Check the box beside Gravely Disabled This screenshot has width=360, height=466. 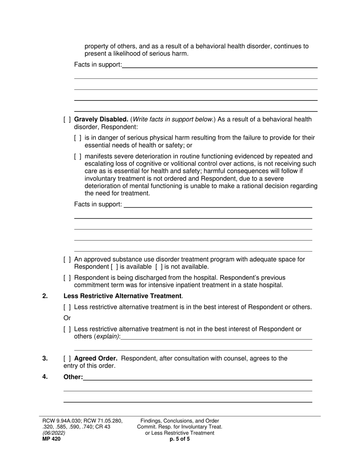point(67,120)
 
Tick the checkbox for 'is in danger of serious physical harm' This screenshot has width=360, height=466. point(78,138)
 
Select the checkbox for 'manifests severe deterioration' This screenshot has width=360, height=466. point(78,156)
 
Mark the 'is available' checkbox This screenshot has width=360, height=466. point(114,267)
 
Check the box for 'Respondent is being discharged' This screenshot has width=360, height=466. point(67,278)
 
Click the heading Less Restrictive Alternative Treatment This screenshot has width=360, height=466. point(122,296)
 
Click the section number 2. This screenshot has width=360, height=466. point(45,296)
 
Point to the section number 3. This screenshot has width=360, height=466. point(45,358)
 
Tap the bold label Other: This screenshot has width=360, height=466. point(73,377)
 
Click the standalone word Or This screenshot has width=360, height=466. point(67,318)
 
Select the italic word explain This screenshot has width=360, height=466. point(107,336)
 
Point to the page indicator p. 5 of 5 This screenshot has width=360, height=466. point(180,439)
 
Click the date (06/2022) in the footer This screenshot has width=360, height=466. point(53,433)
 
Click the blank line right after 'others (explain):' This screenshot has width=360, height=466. point(216,337)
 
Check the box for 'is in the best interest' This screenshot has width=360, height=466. point(67,307)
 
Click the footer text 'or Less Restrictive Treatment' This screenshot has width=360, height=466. point(180,433)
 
